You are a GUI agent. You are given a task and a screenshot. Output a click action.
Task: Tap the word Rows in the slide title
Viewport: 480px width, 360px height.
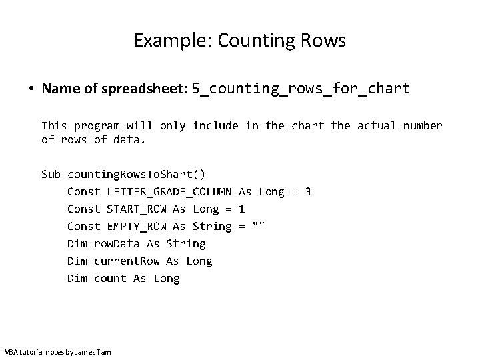(x=324, y=41)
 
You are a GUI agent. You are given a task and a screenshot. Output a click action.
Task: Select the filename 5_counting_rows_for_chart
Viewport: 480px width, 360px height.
(x=301, y=89)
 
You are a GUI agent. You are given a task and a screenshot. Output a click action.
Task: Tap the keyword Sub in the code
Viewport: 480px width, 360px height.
(x=51, y=175)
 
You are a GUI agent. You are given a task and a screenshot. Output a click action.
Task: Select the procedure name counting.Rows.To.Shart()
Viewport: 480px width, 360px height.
(x=137, y=175)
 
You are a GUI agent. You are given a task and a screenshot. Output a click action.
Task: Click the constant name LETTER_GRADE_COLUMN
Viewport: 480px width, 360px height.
(x=169, y=192)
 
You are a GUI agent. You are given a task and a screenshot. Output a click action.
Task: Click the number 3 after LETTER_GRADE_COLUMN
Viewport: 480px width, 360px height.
(x=307, y=192)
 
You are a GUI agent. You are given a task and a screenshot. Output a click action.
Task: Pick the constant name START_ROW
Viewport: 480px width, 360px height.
(x=137, y=209)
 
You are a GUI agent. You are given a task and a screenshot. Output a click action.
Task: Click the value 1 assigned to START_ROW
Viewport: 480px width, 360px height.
(x=242, y=209)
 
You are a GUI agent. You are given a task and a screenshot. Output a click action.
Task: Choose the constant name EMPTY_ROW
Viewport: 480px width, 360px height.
(x=137, y=227)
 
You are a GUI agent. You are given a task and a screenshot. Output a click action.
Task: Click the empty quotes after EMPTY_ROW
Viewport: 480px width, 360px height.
(x=259, y=227)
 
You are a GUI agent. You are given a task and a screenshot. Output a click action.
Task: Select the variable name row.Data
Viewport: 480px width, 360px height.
(x=117, y=244)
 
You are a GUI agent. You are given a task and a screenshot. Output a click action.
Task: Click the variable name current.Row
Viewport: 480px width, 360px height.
(x=127, y=261)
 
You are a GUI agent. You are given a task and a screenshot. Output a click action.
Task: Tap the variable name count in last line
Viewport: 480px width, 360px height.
(x=110, y=279)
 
